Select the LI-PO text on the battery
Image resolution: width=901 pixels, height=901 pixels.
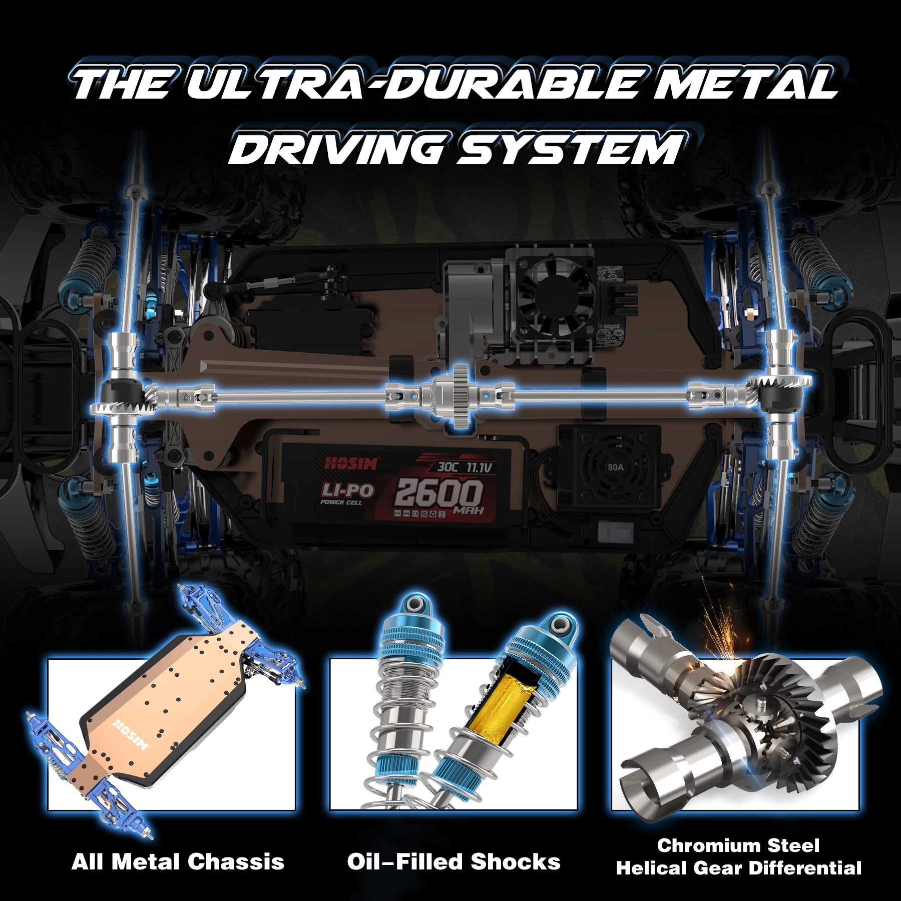[348, 490]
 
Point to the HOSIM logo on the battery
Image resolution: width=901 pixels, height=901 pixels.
[351, 463]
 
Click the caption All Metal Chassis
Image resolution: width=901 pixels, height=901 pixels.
[178, 862]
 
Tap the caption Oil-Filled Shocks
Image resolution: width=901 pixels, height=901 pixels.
[454, 862]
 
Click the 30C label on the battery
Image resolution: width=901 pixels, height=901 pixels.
[447, 467]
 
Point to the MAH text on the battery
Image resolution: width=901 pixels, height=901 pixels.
[469, 511]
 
